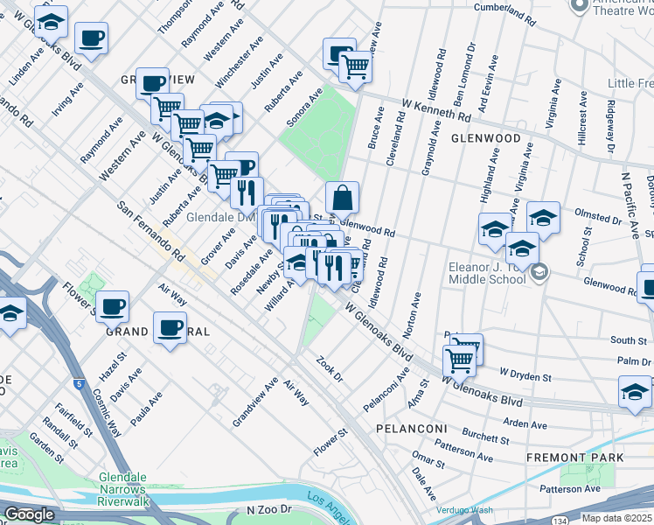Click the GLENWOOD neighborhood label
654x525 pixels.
(486, 138)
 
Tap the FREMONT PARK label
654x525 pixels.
(575, 458)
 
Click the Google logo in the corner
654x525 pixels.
(29, 514)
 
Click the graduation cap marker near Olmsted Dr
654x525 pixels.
(543, 217)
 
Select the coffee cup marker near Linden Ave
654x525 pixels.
(91, 38)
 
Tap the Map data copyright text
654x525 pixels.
(616, 518)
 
